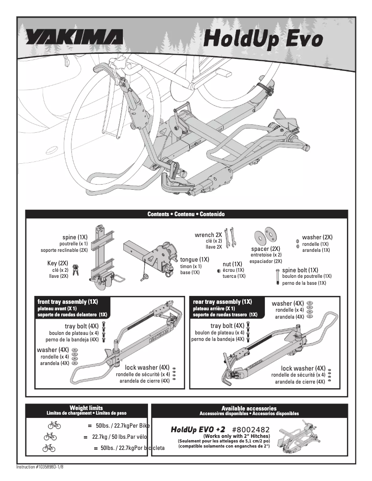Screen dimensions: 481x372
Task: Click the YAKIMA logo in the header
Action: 74,37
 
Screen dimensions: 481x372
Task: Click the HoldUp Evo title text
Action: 263,38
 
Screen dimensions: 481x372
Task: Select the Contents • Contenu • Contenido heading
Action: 186,214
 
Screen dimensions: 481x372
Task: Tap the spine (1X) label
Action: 75,237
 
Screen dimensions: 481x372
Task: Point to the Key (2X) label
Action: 58,263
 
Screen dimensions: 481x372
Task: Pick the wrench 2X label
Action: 208,235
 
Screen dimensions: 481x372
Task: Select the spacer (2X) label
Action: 266,249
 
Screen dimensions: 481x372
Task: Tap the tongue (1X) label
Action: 194,260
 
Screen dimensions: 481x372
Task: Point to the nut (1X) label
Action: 232,264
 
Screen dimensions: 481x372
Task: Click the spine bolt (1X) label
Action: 300,270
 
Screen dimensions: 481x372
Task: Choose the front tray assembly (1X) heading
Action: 68,301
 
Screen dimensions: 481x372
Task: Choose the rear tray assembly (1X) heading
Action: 222,301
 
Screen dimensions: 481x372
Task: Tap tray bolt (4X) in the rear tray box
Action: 227,326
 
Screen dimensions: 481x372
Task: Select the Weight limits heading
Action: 86,408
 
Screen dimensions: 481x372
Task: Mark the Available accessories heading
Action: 249,408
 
